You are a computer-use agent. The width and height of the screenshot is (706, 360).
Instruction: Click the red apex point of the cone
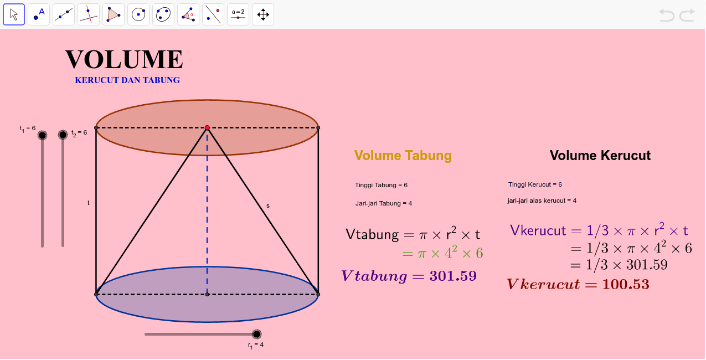point(207,128)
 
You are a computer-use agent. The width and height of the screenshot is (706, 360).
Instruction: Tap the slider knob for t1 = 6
point(42,135)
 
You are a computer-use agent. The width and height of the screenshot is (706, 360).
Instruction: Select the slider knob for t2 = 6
point(63,135)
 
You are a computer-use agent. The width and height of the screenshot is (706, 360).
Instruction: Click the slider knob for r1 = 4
point(256,334)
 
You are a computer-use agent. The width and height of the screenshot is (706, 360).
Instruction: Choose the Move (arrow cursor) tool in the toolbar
point(14,14)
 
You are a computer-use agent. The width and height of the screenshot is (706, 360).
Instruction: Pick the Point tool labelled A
point(39,14)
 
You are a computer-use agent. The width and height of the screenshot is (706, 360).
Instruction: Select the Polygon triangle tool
point(114,14)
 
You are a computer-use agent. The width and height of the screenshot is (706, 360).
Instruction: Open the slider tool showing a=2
point(238,14)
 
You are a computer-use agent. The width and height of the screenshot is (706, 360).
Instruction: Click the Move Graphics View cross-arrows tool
point(263,14)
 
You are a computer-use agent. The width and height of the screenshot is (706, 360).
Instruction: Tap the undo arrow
point(666,15)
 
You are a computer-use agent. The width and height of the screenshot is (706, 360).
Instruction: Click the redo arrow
point(687,15)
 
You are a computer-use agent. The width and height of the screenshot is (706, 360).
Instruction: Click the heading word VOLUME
point(124,59)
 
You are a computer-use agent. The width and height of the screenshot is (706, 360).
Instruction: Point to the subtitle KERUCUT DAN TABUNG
point(127,80)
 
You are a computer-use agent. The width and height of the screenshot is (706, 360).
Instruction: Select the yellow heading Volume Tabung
point(403,156)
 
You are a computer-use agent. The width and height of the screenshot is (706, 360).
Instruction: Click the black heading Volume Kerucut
point(600,156)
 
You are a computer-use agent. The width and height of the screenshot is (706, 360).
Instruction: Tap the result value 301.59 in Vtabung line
point(453,276)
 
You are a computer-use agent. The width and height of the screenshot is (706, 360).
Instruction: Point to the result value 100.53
point(626,284)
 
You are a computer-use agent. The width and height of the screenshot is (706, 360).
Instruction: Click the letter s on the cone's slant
point(268,206)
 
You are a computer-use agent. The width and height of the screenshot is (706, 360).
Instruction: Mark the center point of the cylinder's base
point(207,295)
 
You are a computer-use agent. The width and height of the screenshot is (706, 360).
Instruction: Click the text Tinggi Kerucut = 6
point(535,185)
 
